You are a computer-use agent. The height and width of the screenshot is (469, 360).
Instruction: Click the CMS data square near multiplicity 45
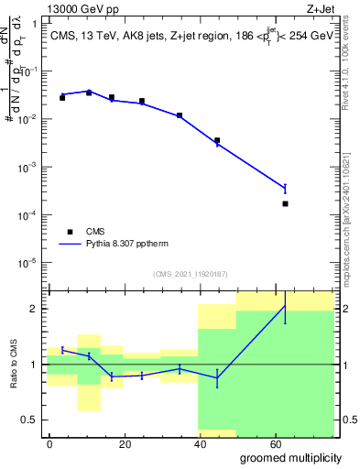coord(217,141)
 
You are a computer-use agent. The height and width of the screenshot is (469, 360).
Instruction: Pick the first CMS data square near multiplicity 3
coord(62,97)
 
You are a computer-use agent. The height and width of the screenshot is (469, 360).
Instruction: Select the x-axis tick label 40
coord(202,443)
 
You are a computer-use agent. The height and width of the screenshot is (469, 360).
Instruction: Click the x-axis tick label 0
coord(49,443)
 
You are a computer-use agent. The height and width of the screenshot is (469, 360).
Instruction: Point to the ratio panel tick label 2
coord(35,309)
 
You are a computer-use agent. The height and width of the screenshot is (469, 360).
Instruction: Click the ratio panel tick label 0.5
coord(31,420)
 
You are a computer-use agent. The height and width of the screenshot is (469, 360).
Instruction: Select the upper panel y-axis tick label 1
coord(35,24)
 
